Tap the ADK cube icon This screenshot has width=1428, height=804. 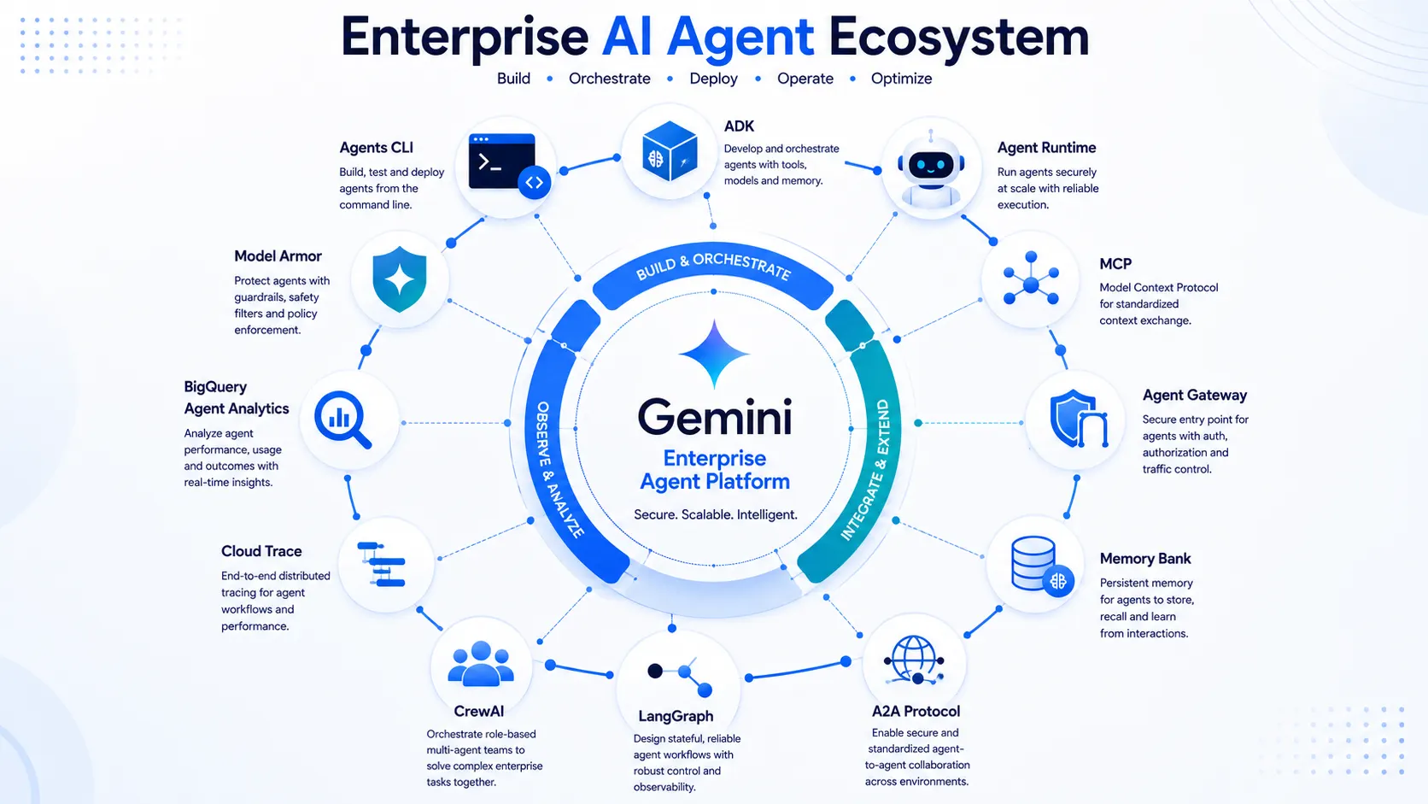click(669, 151)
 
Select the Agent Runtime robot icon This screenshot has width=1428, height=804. click(931, 169)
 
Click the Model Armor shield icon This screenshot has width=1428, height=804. click(400, 279)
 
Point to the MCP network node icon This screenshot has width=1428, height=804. click(1031, 279)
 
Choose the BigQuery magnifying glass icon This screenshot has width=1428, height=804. click(343, 420)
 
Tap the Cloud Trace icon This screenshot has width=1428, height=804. click(382, 564)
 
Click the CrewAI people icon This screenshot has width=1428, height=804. click(481, 664)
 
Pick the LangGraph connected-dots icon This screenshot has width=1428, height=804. click(680, 677)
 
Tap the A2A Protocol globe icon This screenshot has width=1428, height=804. click(914, 660)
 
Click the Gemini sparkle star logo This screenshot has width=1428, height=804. click(714, 353)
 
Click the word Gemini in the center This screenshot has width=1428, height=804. click(715, 417)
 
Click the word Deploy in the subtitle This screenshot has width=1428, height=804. click(713, 79)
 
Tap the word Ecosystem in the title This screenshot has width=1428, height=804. click(959, 37)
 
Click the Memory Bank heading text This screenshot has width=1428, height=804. click(1145, 559)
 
